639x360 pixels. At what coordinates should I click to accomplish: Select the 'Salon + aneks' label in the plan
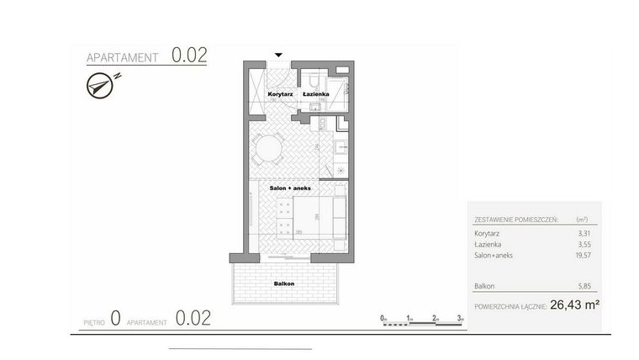click(x=290, y=188)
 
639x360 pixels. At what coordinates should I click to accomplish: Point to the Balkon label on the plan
click(x=283, y=284)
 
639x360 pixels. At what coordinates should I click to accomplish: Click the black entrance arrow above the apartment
click(x=278, y=56)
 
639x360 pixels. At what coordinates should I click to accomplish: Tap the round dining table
click(x=269, y=149)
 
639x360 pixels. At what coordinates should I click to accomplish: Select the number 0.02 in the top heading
click(x=189, y=56)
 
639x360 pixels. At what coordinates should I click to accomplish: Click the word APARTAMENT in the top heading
click(x=124, y=58)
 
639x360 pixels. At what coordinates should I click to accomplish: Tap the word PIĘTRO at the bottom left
click(x=93, y=321)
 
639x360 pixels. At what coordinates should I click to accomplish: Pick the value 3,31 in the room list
click(x=583, y=233)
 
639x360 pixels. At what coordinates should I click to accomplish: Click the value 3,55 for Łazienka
click(x=583, y=244)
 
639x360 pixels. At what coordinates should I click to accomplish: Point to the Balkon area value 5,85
click(x=583, y=286)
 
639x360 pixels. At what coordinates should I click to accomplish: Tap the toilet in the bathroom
click(x=312, y=81)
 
